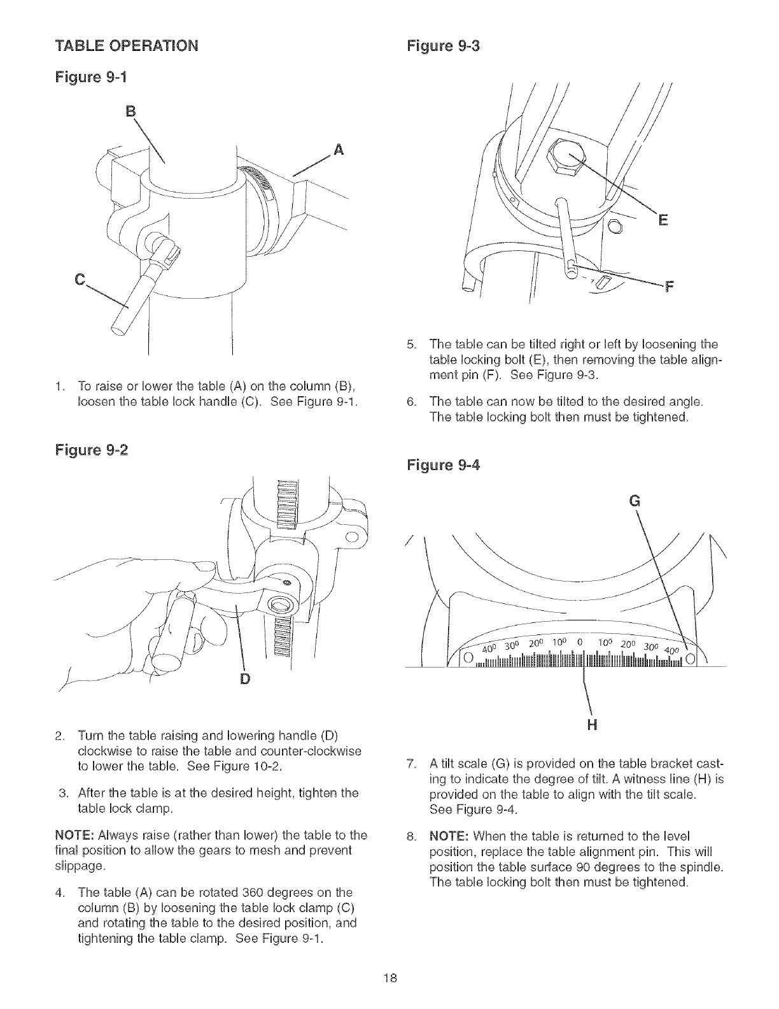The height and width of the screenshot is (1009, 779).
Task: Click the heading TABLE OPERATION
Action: pos(127,47)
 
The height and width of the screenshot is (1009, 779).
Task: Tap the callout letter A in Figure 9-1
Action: pos(339,150)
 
